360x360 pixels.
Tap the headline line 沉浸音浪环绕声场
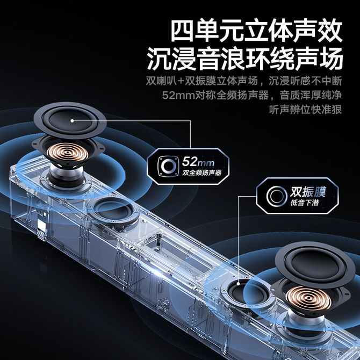point(245,59)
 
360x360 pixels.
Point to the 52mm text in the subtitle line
point(178,95)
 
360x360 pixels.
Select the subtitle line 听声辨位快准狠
point(305,110)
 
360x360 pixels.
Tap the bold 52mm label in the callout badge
point(198,162)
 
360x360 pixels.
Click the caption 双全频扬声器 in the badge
point(202,172)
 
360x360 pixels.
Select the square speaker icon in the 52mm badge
point(168,167)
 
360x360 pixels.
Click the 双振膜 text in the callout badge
point(308,192)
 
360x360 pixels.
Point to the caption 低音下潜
point(305,203)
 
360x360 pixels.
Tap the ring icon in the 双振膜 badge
point(277,196)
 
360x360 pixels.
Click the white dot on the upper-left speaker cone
point(72,120)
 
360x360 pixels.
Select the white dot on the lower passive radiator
point(239,284)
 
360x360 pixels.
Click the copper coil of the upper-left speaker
point(67,152)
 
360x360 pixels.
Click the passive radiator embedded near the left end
point(114,211)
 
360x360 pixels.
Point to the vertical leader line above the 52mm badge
point(191,134)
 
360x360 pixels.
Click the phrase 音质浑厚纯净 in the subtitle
point(311,95)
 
